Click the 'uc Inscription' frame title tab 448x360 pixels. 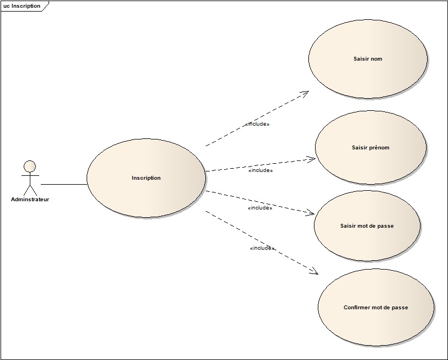[x=22, y=6]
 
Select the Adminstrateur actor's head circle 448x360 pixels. [x=30, y=166]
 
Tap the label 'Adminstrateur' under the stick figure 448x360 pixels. [x=30, y=200]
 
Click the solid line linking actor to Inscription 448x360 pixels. [x=63, y=184]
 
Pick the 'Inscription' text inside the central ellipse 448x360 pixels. [x=146, y=178]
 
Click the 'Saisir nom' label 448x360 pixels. [x=367, y=59]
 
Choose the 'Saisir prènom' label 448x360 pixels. [x=370, y=148]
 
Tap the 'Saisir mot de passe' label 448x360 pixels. [x=367, y=226]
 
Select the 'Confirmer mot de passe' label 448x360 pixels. [x=376, y=308]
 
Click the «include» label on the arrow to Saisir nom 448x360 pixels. [x=257, y=125]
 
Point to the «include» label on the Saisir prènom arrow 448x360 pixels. [x=260, y=171]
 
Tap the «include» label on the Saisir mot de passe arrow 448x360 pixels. [x=260, y=208]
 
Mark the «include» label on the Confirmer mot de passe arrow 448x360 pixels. [x=262, y=249]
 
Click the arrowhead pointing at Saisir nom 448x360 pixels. [x=305, y=93]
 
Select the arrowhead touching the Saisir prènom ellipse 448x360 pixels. [x=311, y=159]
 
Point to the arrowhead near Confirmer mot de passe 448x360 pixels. [x=314, y=271]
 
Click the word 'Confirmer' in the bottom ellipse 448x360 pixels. [x=358, y=308]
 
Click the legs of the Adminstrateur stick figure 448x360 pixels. [x=30, y=189]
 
